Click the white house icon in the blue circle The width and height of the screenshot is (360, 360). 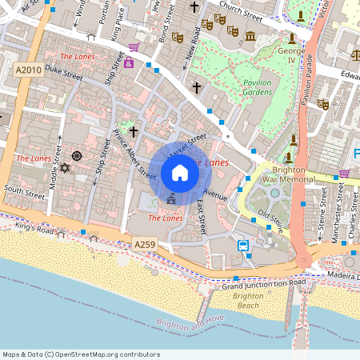click(180, 172)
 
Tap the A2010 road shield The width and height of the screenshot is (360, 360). click(28, 71)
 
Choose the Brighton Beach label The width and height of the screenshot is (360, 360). click(247, 301)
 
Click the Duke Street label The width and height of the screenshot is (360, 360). click(63, 74)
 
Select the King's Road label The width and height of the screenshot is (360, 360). click(33, 228)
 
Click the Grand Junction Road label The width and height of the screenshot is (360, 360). click(263, 284)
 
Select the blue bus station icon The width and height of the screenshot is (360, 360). click(243, 245)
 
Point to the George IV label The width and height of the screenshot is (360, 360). click(290, 54)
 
